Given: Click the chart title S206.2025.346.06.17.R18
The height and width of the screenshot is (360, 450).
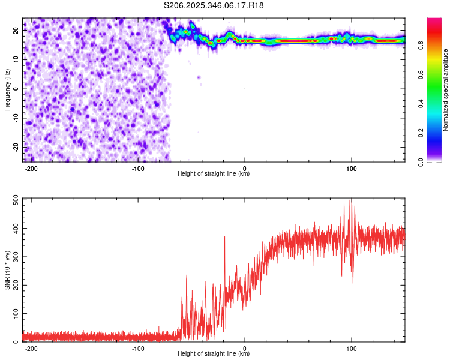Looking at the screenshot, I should tap(214, 5).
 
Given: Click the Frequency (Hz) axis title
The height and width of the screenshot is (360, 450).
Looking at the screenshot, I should tap(7, 89).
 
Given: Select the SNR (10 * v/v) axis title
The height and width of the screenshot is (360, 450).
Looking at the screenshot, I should tap(7, 269).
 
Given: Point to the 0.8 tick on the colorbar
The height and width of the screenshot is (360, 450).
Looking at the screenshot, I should tap(419, 44).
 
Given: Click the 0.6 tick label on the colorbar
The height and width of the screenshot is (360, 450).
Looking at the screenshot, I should tap(419, 74).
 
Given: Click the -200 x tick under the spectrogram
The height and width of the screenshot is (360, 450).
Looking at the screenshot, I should tap(32, 169).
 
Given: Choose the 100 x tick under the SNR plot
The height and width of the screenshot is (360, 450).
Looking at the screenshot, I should tap(351, 349).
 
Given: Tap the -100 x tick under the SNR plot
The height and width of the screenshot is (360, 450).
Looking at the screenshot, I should tap(138, 349).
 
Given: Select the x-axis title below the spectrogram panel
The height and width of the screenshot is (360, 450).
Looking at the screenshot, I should tap(214, 174).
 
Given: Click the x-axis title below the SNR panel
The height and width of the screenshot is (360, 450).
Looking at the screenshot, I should tap(214, 354).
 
